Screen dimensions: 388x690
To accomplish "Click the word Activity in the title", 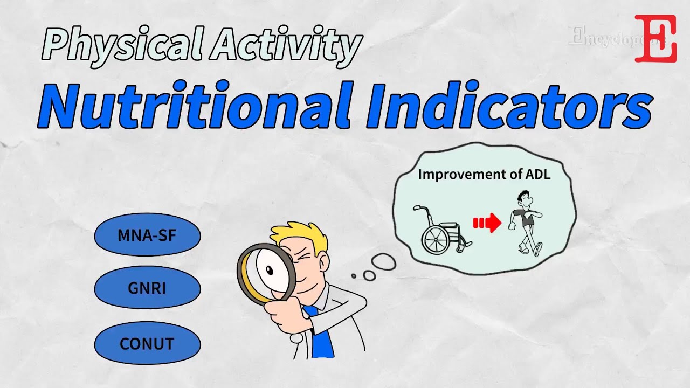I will tap(286, 45).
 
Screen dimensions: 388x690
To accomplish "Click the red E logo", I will tap(655, 38).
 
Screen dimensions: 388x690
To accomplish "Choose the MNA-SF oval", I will tap(147, 235).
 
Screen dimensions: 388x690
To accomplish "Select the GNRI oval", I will tap(147, 288).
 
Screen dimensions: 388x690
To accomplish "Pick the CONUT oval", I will tap(147, 343).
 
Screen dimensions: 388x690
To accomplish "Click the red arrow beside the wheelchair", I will tap(487, 223).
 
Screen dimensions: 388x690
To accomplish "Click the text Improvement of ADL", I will tap(484, 174).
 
